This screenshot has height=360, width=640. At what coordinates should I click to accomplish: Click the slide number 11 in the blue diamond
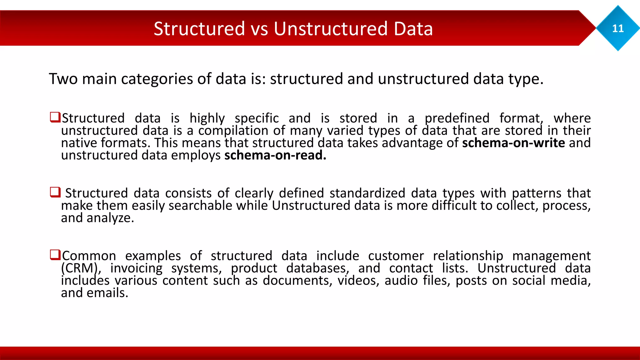coord(618,28)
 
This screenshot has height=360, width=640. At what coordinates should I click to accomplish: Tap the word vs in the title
coord(259,29)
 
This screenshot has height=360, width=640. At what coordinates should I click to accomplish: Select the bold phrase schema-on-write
coord(513,143)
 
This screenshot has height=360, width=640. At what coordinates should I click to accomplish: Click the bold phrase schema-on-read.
coord(275,155)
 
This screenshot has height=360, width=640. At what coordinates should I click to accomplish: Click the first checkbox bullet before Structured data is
coord(55,117)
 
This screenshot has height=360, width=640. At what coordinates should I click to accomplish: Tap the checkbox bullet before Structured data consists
coord(55,192)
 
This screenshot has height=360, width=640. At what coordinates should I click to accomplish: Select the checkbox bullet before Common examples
coord(55,255)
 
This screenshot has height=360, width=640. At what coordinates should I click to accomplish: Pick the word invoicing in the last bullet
coord(136,268)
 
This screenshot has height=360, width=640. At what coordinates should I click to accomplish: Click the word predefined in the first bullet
coord(457,118)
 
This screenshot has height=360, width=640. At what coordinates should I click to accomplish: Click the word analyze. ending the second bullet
coord(110,218)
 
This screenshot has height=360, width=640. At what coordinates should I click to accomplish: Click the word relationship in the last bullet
coord(468,256)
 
